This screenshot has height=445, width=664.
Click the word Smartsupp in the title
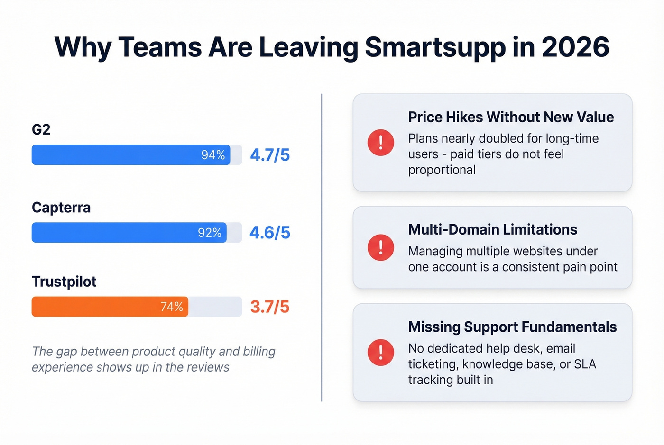pyautogui.click(x=435, y=47)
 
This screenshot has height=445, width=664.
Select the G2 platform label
pyautogui.click(x=41, y=129)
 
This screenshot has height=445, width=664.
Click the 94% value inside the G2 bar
pyautogui.click(x=213, y=155)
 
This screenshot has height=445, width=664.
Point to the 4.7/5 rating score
pyautogui.click(x=269, y=155)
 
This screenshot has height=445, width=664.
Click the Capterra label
pyautogui.click(x=61, y=208)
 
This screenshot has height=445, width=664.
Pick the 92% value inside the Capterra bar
pyautogui.click(x=210, y=233)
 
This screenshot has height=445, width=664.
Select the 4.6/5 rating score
pyautogui.click(x=269, y=233)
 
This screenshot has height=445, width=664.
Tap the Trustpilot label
pyautogui.click(x=64, y=282)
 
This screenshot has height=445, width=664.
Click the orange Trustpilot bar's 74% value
pyautogui.click(x=172, y=307)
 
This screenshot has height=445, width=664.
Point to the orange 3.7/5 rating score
pyautogui.click(x=269, y=307)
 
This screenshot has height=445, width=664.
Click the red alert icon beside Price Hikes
pyautogui.click(x=380, y=143)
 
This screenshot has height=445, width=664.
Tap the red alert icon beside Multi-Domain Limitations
pyautogui.click(x=380, y=247)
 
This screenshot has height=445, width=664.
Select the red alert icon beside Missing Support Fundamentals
pyautogui.click(x=380, y=353)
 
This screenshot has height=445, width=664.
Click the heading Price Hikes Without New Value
pyautogui.click(x=511, y=117)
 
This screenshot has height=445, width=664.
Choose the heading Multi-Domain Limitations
pyautogui.click(x=492, y=229)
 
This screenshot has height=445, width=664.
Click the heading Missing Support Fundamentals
pyautogui.click(x=512, y=327)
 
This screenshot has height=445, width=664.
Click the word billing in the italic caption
pyautogui.click(x=259, y=352)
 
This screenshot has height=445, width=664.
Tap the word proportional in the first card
pyautogui.click(x=442, y=170)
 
